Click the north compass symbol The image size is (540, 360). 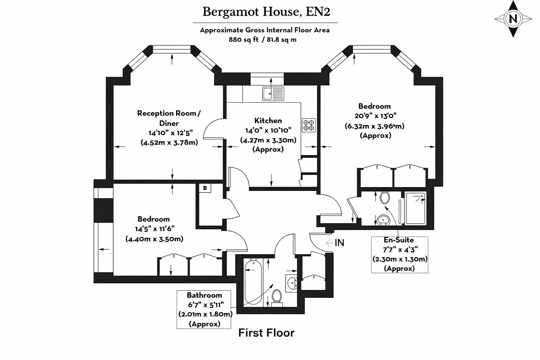tap(513, 19)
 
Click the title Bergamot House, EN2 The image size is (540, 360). tap(266, 12)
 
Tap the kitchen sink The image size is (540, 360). tap(273, 94)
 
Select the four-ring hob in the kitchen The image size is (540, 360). tap(309, 125)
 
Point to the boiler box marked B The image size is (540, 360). tap(205, 188)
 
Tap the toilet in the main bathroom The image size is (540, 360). tap(277, 298)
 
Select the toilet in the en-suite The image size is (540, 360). tap(385, 198)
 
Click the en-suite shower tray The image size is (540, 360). tap(415, 208)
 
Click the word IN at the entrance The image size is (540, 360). tap(339, 243)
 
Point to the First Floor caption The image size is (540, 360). tap(266, 333)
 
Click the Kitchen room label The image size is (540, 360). tap(268, 121)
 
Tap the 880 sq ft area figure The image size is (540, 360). tap(244, 39)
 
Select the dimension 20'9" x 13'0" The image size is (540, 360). tap(375, 116)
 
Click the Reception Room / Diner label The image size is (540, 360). tap(169, 118)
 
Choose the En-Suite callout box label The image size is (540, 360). tap(399, 240)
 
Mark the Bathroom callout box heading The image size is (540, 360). tap(204, 295)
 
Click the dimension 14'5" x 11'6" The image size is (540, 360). tap(155, 229)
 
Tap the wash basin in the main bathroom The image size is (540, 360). tap(292, 283)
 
